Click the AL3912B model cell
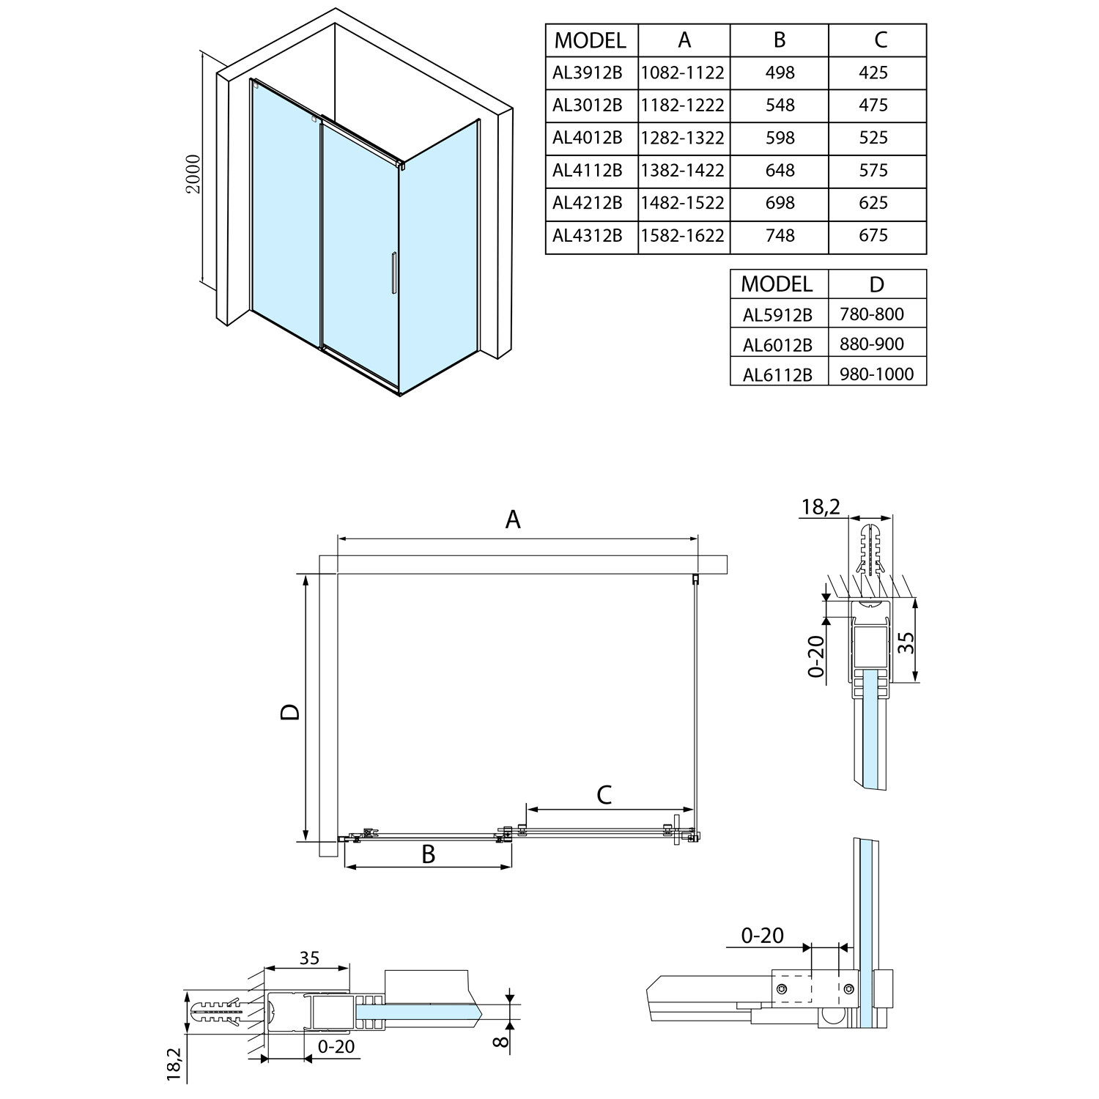point(588,73)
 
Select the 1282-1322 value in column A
point(683,138)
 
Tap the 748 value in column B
point(780,235)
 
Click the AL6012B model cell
point(777,344)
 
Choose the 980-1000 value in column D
point(877,374)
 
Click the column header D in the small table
point(877,284)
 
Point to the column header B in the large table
point(780,40)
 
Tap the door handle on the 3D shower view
point(394,273)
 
